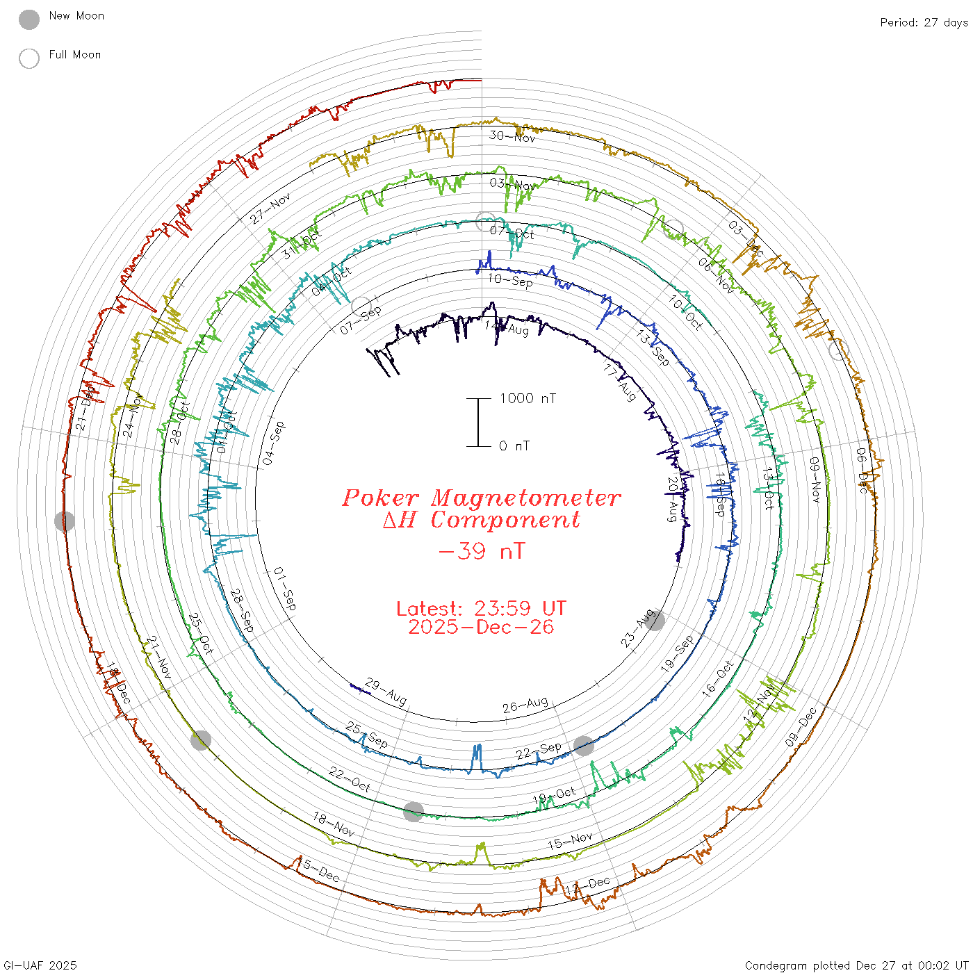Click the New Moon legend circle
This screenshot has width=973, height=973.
point(29,19)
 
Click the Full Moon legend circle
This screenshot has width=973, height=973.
point(29,58)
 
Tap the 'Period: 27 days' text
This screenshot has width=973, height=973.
point(924,23)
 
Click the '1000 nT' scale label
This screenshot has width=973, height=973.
point(528,398)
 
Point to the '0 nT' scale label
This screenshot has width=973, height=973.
point(514,446)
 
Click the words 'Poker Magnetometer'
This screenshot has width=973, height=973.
point(481,498)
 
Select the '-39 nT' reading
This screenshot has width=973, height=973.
point(481,551)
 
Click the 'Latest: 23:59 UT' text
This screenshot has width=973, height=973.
point(481,609)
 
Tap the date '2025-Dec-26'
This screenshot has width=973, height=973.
point(481,627)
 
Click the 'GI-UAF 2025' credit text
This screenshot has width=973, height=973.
point(39,965)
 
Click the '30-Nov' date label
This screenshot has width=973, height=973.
point(512,136)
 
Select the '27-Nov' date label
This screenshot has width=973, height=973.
point(270,208)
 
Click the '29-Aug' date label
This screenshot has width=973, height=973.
point(386,692)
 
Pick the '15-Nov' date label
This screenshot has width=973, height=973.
point(570,841)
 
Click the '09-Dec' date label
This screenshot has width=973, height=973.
point(801,728)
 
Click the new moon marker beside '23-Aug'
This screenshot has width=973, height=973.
point(655,621)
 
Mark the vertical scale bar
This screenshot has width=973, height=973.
point(478,422)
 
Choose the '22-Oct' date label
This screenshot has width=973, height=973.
point(350,779)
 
